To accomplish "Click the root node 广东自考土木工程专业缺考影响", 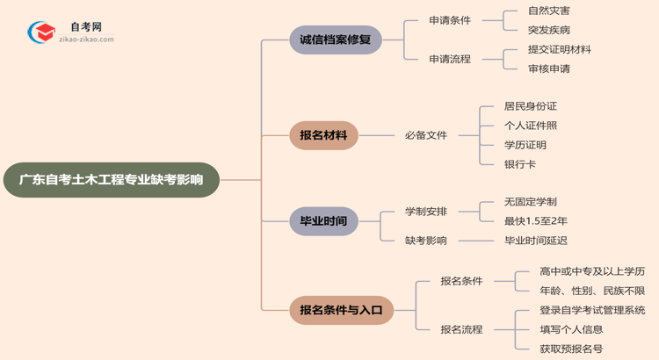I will [x=111, y=180].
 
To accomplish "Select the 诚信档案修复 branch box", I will [x=336, y=40].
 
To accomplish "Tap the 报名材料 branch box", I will [x=323, y=135].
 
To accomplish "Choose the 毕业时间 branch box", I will [x=323, y=221].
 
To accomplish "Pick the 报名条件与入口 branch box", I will [x=341, y=310].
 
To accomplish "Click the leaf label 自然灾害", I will [x=549, y=11].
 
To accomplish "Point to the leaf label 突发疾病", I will [x=549, y=31].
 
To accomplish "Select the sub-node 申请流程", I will [x=450, y=59].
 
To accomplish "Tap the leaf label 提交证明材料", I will [x=560, y=49].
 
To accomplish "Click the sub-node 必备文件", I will [x=426, y=135].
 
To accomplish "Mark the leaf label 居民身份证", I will [x=531, y=106].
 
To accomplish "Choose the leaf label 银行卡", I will [x=520, y=164].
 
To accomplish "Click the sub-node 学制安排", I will [x=426, y=212].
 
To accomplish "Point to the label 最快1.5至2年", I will [x=536, y=221].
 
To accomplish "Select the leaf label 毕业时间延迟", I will [x=536, y=241].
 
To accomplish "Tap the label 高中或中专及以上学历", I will [x=592, y=271].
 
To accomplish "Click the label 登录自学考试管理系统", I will [x=592, y=310].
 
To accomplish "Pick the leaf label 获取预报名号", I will [x=572, y=349].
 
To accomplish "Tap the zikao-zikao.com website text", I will [x=87, y=40].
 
